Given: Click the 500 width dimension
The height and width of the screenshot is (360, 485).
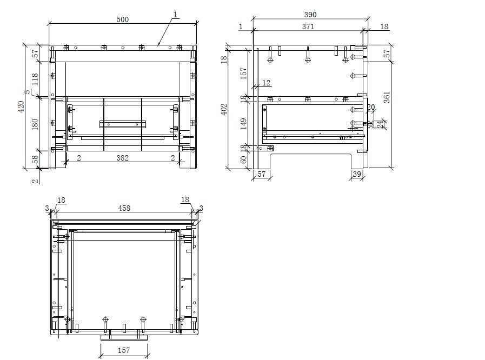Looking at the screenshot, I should (123, 19).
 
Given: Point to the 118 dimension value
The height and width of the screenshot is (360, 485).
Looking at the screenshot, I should (35, 79).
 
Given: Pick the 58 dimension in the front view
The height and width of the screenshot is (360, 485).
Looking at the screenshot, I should (35, 159).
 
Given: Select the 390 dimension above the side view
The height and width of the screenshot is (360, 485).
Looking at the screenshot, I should (310, 15).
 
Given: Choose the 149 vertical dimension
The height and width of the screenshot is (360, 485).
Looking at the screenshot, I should (243, 124).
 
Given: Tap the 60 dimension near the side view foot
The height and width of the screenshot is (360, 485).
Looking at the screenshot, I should (243, 159).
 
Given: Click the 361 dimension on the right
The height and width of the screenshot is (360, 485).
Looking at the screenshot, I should (387, 97).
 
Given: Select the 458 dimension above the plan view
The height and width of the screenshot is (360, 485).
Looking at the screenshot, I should (124, 208).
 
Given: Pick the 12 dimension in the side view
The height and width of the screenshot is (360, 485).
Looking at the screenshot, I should (266, 83).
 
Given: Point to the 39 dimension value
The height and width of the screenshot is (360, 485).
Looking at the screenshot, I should (357, 174).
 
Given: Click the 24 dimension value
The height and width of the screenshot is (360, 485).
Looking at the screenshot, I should (380, 124).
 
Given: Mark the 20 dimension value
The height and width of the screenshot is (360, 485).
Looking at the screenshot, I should (371, 107).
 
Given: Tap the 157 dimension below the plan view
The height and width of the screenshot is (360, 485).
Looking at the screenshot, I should (124, 350).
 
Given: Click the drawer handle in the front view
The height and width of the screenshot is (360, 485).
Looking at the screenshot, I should (123, 124).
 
